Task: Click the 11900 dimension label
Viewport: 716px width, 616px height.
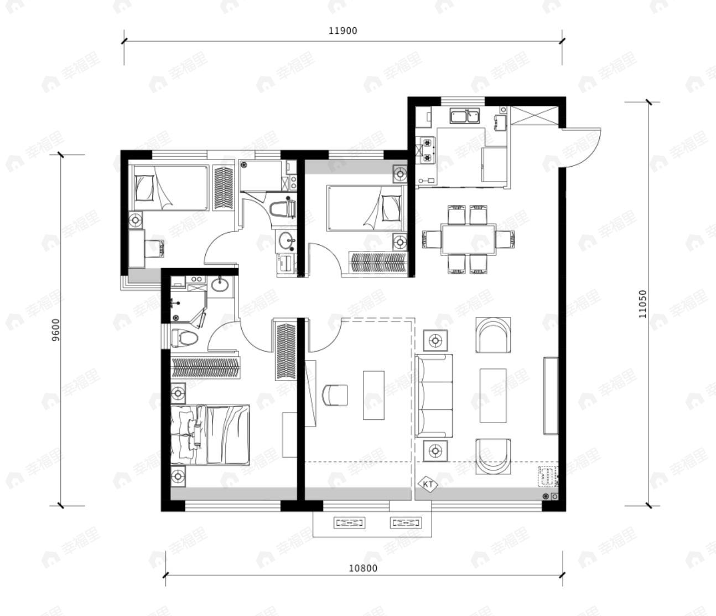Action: [343, 31]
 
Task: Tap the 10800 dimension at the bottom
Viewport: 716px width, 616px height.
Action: [362, 568]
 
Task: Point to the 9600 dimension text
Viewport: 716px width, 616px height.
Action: [56, 330]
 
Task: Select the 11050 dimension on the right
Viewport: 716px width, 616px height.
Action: [642, 304]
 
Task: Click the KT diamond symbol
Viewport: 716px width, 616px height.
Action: [428, 485]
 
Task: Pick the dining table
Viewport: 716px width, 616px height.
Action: [468, 239]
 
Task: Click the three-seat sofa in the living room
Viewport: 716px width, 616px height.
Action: [434, 396]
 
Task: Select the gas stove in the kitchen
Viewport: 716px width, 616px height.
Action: [428, 150]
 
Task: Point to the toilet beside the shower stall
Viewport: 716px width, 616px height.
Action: [184, 337]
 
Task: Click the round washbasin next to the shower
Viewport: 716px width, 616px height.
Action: [220, 285]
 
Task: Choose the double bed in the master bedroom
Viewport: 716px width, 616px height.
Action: [210, 434]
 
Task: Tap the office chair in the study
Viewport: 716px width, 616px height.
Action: [335, 395]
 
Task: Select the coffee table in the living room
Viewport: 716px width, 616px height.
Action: [493, 396]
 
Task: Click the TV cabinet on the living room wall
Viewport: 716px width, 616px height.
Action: [551, 396]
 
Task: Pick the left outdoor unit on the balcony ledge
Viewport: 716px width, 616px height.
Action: [349, 523]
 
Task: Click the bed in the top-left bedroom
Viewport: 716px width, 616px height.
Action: [171, 188]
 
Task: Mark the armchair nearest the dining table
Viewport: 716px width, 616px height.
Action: [493, 335]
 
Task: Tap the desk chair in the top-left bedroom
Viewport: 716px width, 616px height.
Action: [154, 248]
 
